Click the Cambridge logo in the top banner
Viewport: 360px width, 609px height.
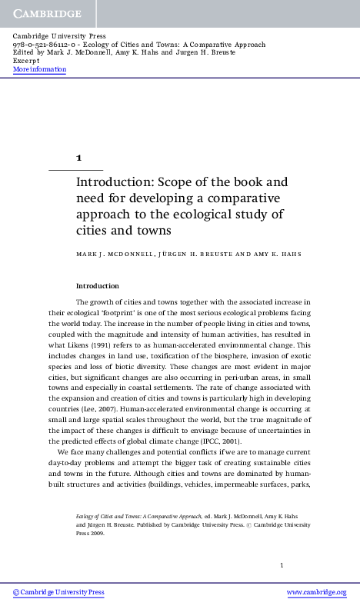(x=46, y=14)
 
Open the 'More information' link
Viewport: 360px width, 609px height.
(x=40, y=70)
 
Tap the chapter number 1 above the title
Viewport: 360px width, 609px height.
(x=78, y=157)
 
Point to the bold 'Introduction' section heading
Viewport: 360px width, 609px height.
(x=98, y=285)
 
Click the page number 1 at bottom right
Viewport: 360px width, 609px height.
(x=282, y=565)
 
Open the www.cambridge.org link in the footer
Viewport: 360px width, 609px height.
(x=316, y=592)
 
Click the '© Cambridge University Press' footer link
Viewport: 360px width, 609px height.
(x=58, y=592)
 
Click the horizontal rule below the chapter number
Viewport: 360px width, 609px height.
(x=76, y=169)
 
